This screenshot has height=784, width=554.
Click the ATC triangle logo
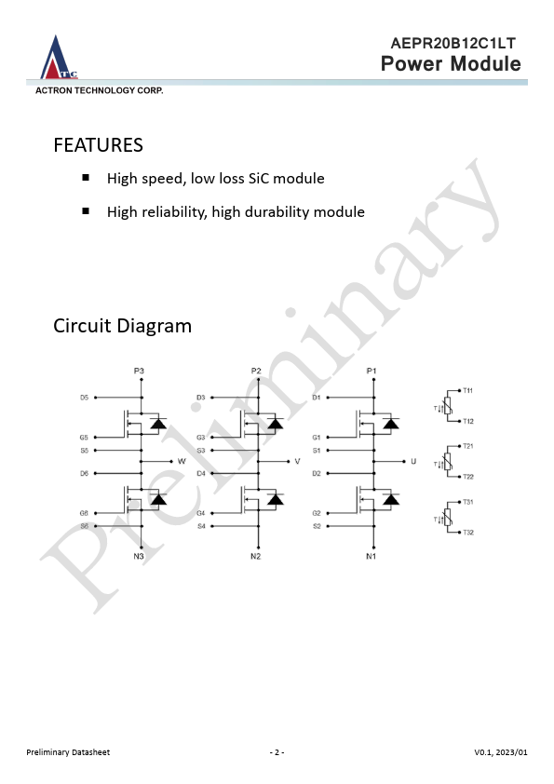(x=58, y=58)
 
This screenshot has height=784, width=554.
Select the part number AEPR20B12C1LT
(x=453, y=44)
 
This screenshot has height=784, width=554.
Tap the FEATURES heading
(x=98, y=145)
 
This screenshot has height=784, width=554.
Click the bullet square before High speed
(x=86, y=178)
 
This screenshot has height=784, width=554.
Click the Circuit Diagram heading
(x=123, y=326)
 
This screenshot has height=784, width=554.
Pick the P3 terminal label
(x=139, y=371)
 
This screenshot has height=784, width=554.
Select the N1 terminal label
(x=371, y=557)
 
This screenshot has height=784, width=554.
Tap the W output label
(x=182, y=461)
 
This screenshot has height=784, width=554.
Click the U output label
(x=413, y=461)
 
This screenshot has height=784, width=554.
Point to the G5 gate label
(x=84, y=438)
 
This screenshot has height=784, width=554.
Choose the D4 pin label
(x=201, y=473)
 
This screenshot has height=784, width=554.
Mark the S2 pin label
(x=317, y=526)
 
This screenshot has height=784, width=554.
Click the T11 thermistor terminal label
(x=468, y=390)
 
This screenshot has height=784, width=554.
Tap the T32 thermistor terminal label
(x=468, y=533)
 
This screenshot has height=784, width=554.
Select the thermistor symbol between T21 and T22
(x=448, y=461)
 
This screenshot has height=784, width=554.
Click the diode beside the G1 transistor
(x=391, y=424)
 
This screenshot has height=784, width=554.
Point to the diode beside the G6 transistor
(x=159, y=499)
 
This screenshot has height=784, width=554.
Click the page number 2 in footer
(x=277, y=752)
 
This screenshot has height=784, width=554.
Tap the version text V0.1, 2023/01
(x=501, y=752)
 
